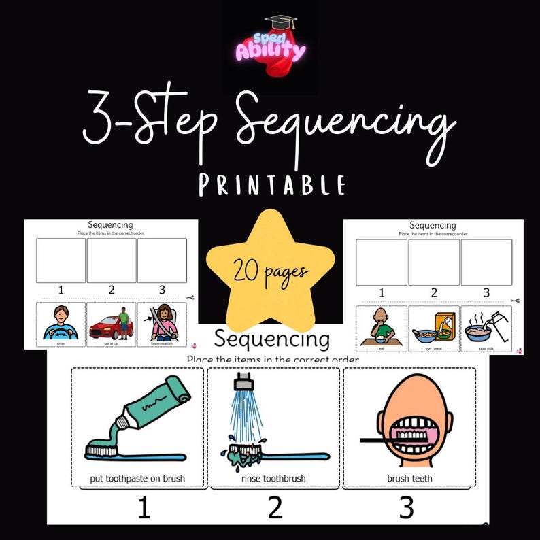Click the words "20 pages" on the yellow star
click(x=271, y=272)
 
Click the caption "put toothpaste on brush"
click(x=137, y=479)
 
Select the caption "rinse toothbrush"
click(x=274, y=479)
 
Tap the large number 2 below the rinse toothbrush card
click(x=275, y=507)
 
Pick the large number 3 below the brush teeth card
click(x=407, y=507)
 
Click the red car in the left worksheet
click(x=108, y=327)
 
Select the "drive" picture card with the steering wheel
click(x=61, y=325)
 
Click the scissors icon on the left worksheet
click(x=192, y=298)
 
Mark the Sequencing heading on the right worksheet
click(x=433, y=225)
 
